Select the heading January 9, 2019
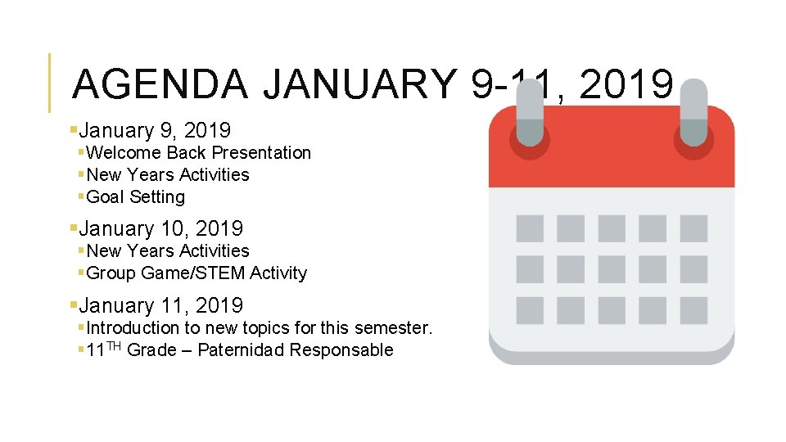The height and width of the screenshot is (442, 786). [x=155, y=130]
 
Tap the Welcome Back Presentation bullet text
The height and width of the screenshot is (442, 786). [x=198, y=153]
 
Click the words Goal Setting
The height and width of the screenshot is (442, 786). [x=135, y=197]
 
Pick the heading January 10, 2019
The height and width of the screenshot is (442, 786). [x=160, y=229]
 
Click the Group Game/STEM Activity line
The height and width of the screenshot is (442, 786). [x=196, y=273]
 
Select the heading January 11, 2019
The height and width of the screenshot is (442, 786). [x=160, y=306]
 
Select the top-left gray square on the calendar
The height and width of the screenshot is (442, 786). [x=530, y=228]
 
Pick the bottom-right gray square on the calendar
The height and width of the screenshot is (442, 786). [x=693, y=310]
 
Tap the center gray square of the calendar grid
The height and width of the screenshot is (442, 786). [x=612, y=269]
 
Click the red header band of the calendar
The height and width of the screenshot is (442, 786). [x=612, y=168]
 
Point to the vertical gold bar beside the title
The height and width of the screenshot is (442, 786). [x=50, y=83]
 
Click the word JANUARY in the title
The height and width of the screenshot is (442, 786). [x=360, y=84]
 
